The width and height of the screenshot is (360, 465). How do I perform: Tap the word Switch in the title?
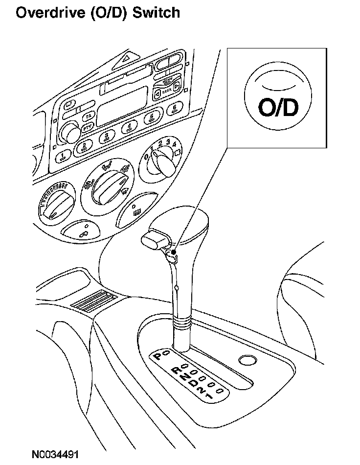coord(155,13)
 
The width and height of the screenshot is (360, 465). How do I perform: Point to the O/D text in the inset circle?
coord(278,108)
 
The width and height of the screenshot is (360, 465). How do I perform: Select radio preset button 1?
coord(63,157)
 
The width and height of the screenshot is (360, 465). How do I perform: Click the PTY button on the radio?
coord(88,128)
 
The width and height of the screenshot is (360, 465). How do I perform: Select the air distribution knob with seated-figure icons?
coord(107,188)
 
